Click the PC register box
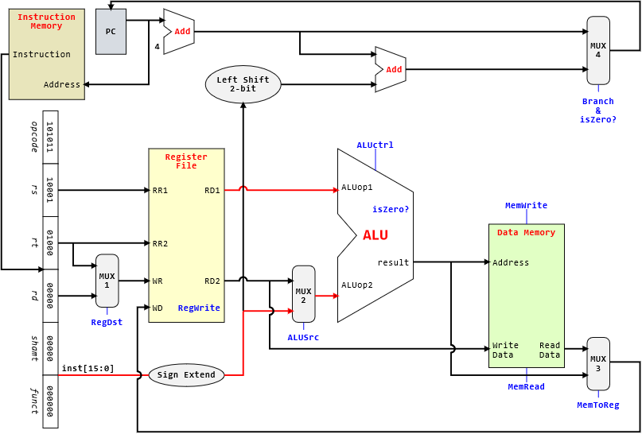click(111, 32)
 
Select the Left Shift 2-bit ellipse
click(243, 84)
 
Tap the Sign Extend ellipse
click(186, 375)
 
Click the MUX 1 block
click(107, 281)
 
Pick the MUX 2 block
click(303, 294)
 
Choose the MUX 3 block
click(598, 363)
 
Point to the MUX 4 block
click(598, 50)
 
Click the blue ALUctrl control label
click(375, 145)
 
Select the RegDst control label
click(107, 323)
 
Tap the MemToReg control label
click(597, 405)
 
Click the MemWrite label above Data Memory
click(526, 206)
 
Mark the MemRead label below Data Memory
click(526, 387)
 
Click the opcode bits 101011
click(50, 137)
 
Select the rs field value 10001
click(50, 190)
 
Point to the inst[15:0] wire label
click(88, 368)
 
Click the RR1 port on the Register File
click(160, 191)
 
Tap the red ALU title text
click(375, 235)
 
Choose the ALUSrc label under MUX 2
click(303, 337)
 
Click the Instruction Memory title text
click(46, 21)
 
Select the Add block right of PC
click(181, 32)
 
